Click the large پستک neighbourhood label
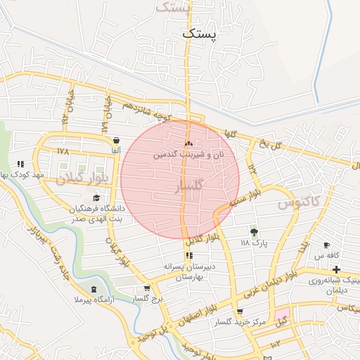pyautogui.click(x=200, y=32)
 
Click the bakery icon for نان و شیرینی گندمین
pyautogui.click(x=188, y=143)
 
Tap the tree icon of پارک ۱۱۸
pyautogui.click(x=254, y=231)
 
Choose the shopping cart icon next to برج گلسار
pyautogui.click(x=146, y=288)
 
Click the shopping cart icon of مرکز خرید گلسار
pyautogui.click(x=240, y=311)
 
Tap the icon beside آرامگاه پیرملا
pyautogui.click(x=94, y=290)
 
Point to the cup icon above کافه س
pyautogui.click(x=326, y=245)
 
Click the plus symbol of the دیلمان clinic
pyautogui.click(x=336, y=270)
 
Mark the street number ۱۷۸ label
pyautogui.click(x=64, y=152)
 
